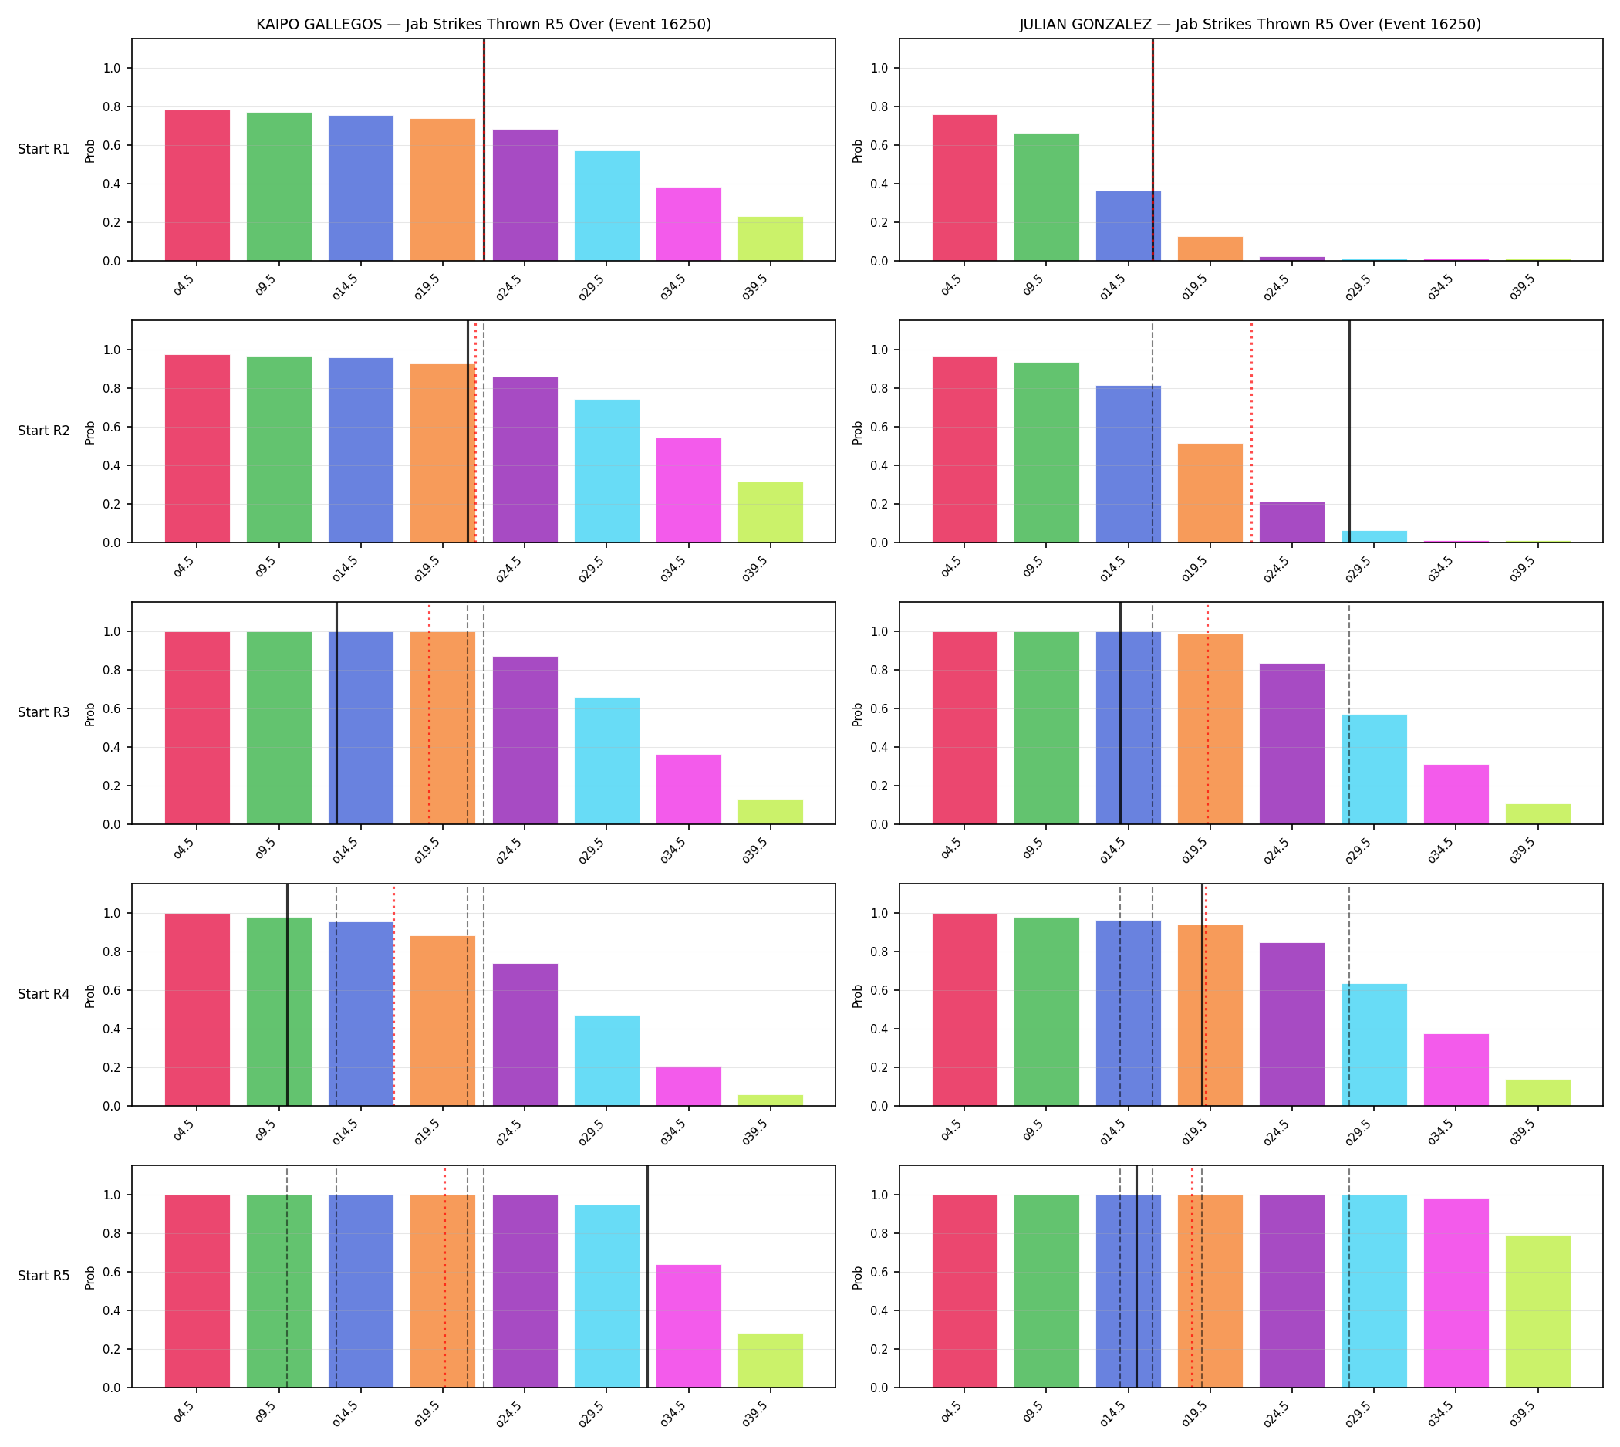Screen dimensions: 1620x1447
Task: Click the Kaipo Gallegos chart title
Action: coord(483,24)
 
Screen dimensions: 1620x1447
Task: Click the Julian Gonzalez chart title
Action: coord(1250,24)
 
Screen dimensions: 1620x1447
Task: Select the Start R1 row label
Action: coord(44,149)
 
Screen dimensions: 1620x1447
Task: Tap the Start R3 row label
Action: coord(44,712)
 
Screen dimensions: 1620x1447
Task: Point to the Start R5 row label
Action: coord(44,1275)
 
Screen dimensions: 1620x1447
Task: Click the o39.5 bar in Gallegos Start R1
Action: coord(770,238)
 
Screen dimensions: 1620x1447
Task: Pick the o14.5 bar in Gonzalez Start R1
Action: coord(1128,226)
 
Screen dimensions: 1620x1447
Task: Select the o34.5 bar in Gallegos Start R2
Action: coord(688,491)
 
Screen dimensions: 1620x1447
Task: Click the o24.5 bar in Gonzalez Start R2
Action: coord(1291,522)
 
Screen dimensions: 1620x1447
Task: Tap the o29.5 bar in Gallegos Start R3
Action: coord(606,761)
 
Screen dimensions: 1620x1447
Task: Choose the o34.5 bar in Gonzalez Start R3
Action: coord(1456,794)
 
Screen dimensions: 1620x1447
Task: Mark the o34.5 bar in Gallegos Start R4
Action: coord(688,1086)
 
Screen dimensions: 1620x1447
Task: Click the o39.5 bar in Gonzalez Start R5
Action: coord(1537,1311)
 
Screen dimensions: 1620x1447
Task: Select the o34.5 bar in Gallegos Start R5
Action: coord(688,1326)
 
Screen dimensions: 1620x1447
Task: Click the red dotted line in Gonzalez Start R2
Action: coord(1251,431)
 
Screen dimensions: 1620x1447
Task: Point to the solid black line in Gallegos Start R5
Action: coord(647,1276)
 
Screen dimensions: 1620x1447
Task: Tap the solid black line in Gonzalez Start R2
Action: coord(1349,431)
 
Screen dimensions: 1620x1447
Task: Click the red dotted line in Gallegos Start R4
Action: coord(393,995)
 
